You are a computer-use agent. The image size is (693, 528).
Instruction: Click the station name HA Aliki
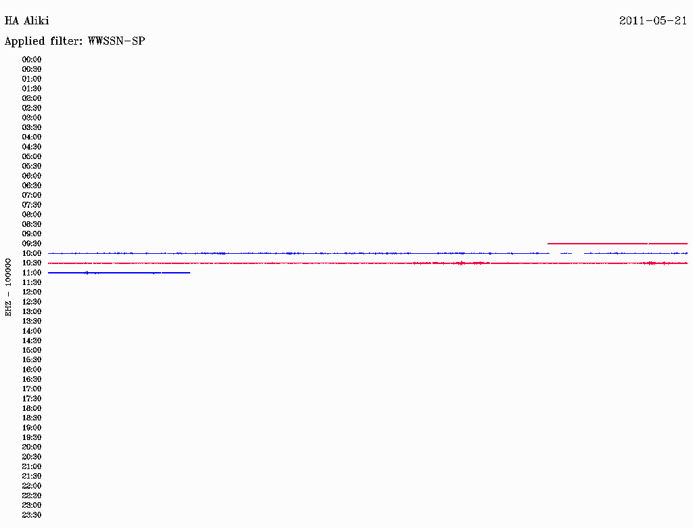point(26,21)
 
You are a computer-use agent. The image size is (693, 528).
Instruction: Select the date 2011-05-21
point(653,21)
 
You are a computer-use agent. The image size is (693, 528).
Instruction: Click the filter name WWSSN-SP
point(116,41)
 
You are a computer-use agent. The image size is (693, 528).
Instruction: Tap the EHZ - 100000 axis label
point(8,288)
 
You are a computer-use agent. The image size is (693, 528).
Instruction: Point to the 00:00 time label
point(32,60)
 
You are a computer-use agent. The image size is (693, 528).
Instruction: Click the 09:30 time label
point(32,244)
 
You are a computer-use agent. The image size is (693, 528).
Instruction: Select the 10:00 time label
point(32,253)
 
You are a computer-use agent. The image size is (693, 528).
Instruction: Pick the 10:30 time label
point(32,263)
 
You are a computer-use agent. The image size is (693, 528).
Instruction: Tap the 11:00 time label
point(32,273)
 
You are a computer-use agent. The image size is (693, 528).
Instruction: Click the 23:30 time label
point(32,515)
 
